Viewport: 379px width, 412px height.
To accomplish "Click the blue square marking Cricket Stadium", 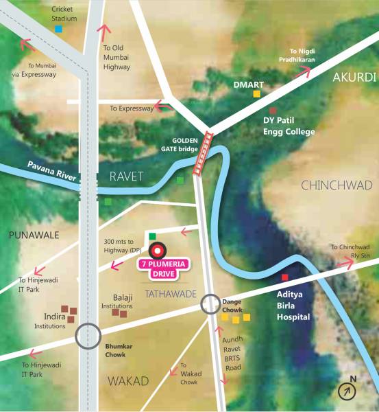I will click(x=58, y=29).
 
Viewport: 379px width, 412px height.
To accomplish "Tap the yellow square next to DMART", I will click(x=256, y=93).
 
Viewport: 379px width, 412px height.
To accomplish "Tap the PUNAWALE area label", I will click(x=34, y=235).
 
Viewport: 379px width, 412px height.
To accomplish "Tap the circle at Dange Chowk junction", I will click(x=210, y=304).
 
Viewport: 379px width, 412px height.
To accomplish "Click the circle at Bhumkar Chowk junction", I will click(x=87, y=336).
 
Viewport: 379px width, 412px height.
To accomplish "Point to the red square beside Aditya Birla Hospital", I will click(x=285, y=277).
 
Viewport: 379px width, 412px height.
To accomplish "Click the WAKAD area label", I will click(x=128, y=381).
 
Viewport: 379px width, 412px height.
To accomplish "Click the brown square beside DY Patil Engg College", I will click(x=273, y=111).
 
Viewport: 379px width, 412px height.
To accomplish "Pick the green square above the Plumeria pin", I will click(x=152, y=236).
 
